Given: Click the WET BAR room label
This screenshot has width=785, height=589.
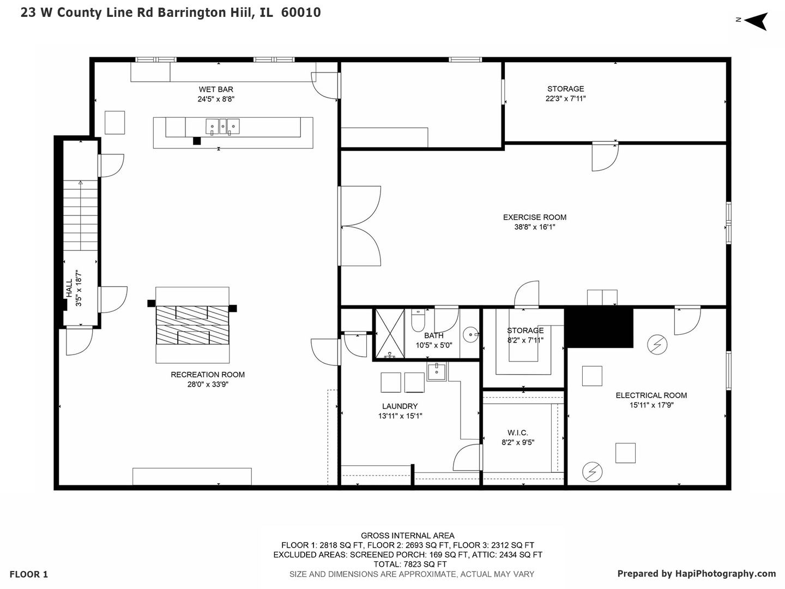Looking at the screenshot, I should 216,89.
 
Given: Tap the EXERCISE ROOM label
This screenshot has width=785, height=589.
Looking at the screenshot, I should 534,217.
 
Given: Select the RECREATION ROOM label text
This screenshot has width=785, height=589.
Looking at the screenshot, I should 208,375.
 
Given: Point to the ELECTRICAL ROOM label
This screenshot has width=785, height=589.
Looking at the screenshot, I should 651,395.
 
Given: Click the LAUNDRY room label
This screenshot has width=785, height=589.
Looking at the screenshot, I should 400,406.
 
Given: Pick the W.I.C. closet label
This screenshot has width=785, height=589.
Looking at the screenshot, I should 517,432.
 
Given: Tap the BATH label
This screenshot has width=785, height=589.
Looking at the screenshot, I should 433,335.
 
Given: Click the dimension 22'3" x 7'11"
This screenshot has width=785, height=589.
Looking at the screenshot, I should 565,99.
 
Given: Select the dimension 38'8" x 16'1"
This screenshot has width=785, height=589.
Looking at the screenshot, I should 534,227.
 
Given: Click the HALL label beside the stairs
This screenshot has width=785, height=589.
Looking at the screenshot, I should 69,289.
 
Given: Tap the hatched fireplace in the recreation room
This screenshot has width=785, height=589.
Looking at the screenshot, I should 192,325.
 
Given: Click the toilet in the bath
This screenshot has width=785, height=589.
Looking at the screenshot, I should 418,321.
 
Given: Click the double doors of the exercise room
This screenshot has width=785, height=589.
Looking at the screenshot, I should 360,226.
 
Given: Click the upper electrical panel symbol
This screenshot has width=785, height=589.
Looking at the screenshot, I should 657,345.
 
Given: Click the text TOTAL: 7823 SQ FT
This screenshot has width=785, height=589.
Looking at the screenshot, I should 410,564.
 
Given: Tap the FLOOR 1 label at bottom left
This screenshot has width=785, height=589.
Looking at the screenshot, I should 29,574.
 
